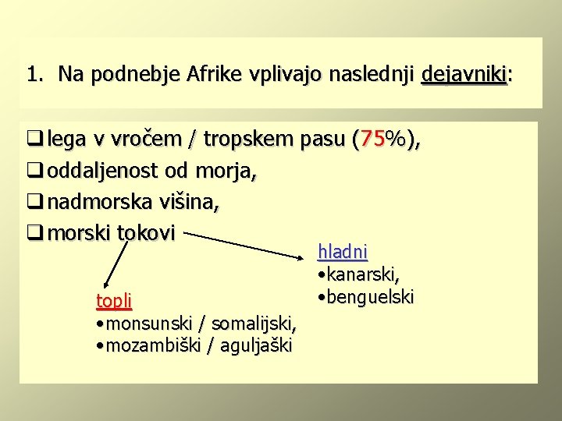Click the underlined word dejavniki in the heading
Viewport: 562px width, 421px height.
tap(464, 75)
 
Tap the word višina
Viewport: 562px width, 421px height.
tap(190, 202)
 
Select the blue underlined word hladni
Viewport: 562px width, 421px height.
tap(342, 252)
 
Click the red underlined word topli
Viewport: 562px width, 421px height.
tap(113, 300)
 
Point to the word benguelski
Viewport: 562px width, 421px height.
tap(371, 297)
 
